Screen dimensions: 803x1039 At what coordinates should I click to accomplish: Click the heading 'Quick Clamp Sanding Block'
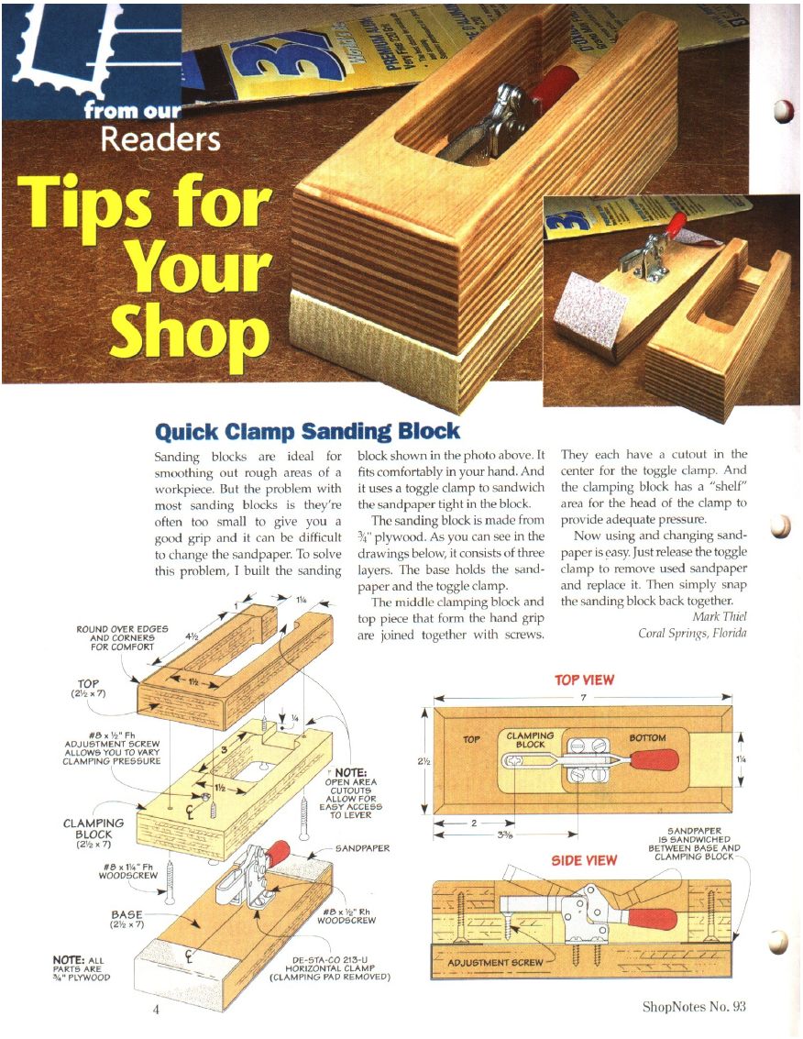click(307, 431)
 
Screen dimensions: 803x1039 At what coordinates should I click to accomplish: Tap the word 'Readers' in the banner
click(160, 138)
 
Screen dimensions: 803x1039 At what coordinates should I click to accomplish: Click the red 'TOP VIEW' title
click(584, 680)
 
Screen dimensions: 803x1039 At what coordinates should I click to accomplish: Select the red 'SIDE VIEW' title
click(584, 860)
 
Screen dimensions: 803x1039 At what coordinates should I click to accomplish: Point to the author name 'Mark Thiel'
click(719, 616)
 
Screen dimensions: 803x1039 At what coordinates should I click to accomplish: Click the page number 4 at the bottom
click(157, 1009)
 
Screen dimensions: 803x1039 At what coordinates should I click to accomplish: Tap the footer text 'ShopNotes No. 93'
click(694, 1007)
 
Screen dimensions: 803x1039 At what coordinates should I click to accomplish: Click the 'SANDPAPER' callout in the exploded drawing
click(362, 848)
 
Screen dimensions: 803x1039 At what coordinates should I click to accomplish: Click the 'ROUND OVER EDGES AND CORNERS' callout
click(123, 637)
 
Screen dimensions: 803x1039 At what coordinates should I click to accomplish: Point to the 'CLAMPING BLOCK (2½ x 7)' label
click(93, 833)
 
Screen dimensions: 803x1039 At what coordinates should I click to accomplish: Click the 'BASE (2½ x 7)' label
click(127, 918)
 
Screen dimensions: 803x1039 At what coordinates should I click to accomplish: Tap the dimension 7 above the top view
click(583, 697)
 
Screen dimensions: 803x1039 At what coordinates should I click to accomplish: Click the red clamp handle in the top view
click(654, 760)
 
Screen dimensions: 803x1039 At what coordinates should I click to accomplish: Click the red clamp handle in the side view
click(652, 918)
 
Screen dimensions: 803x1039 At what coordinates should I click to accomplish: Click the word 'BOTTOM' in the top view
click(647, 737)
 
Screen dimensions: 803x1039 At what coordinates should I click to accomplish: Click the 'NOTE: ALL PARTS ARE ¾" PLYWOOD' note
click(82, 968)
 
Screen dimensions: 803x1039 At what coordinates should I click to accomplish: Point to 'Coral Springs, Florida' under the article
click(692, 633)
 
